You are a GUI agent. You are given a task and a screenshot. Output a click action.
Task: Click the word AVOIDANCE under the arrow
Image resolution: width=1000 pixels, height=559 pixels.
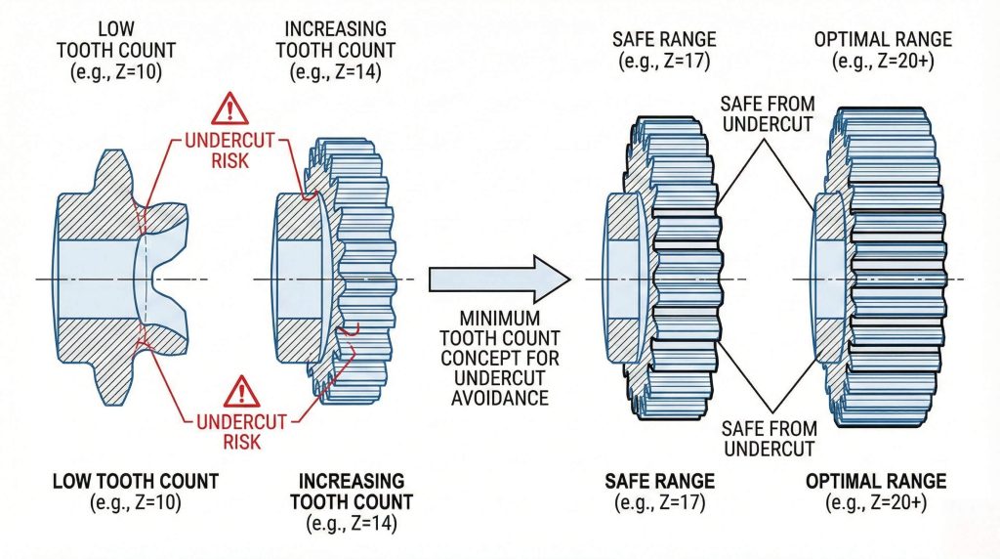pyautogui.click(x=500, y=400)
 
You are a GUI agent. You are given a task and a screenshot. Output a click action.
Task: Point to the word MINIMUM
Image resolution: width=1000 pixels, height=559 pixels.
pyautogui.click(x=500, y=318)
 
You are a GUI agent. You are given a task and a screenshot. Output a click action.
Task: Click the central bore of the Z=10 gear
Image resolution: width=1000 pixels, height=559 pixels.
pyautogui.click(x=98, y=279)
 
